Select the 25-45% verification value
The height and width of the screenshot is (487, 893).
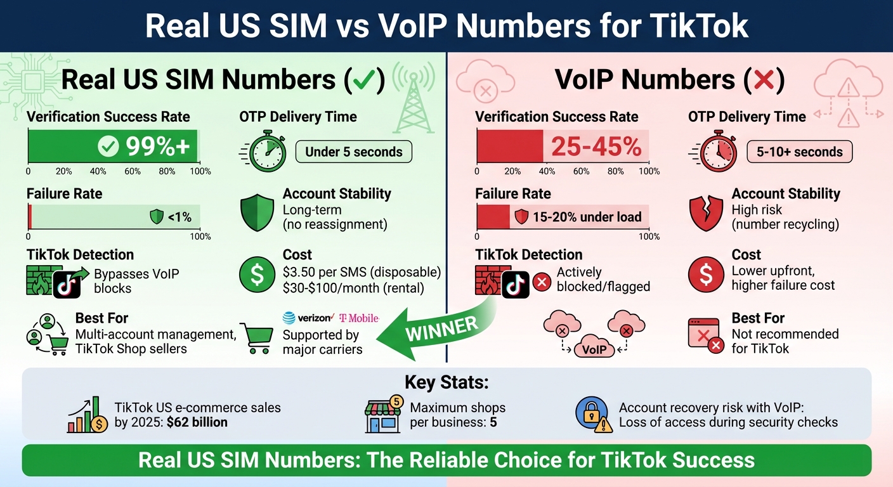(x=596, y=146)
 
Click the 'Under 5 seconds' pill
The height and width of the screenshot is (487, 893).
(x=353, y=152)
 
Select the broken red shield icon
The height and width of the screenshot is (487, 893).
(x=706, y=212)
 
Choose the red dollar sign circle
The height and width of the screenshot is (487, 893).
(x=706, y=275)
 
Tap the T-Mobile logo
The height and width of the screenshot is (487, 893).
(x=359, y=318)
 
